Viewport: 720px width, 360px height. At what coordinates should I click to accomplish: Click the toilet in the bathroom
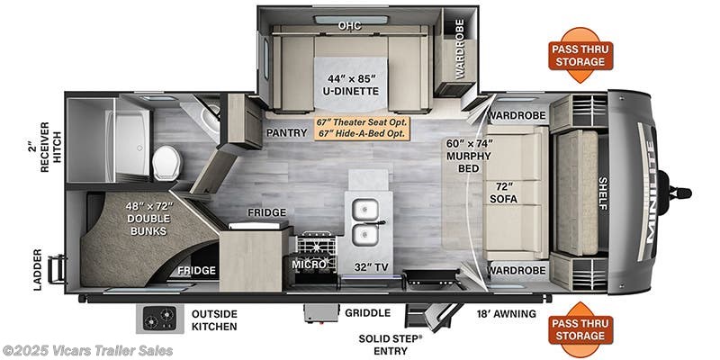(166, 162)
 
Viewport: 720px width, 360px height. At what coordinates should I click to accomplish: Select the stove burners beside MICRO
(316, 244)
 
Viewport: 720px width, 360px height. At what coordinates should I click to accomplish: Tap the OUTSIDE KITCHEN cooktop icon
(159, 319)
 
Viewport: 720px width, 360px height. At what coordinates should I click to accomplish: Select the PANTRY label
(287, 132)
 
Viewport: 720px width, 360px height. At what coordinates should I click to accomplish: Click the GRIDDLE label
(368, 314)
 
